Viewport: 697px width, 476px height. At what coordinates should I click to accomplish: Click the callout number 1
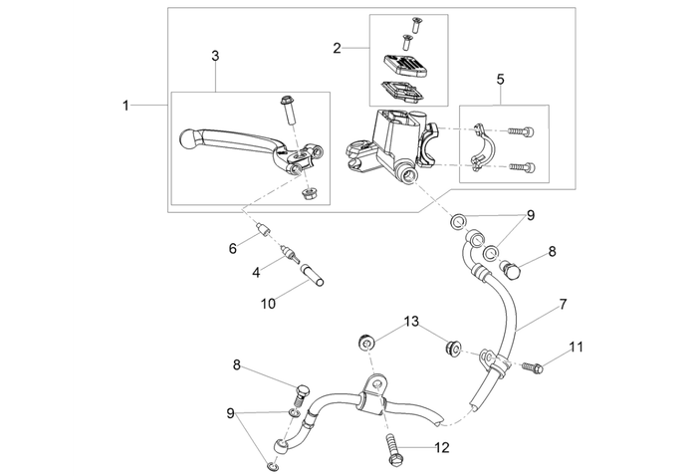(125, 105)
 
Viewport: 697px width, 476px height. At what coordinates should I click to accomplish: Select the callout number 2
(338, 48)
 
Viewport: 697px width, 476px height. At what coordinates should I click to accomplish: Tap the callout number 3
(215, 57)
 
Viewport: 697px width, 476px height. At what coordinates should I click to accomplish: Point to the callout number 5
(500, 78)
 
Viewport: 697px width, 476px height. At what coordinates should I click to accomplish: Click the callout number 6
(233, 248)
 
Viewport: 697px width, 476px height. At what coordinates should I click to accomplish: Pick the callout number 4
(256, 271)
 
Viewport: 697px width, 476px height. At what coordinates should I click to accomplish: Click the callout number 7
(563, 303)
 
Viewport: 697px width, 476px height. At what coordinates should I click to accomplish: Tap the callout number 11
(576, 348)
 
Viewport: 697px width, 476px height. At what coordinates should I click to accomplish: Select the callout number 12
(442, 447)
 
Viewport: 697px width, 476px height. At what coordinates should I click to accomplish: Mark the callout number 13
(411, 322)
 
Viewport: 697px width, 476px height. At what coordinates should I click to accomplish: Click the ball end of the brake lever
(191, 140)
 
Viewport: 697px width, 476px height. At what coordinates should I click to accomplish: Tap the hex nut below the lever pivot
(309, 192)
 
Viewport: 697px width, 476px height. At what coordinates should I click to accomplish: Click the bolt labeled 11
(532, 368)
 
